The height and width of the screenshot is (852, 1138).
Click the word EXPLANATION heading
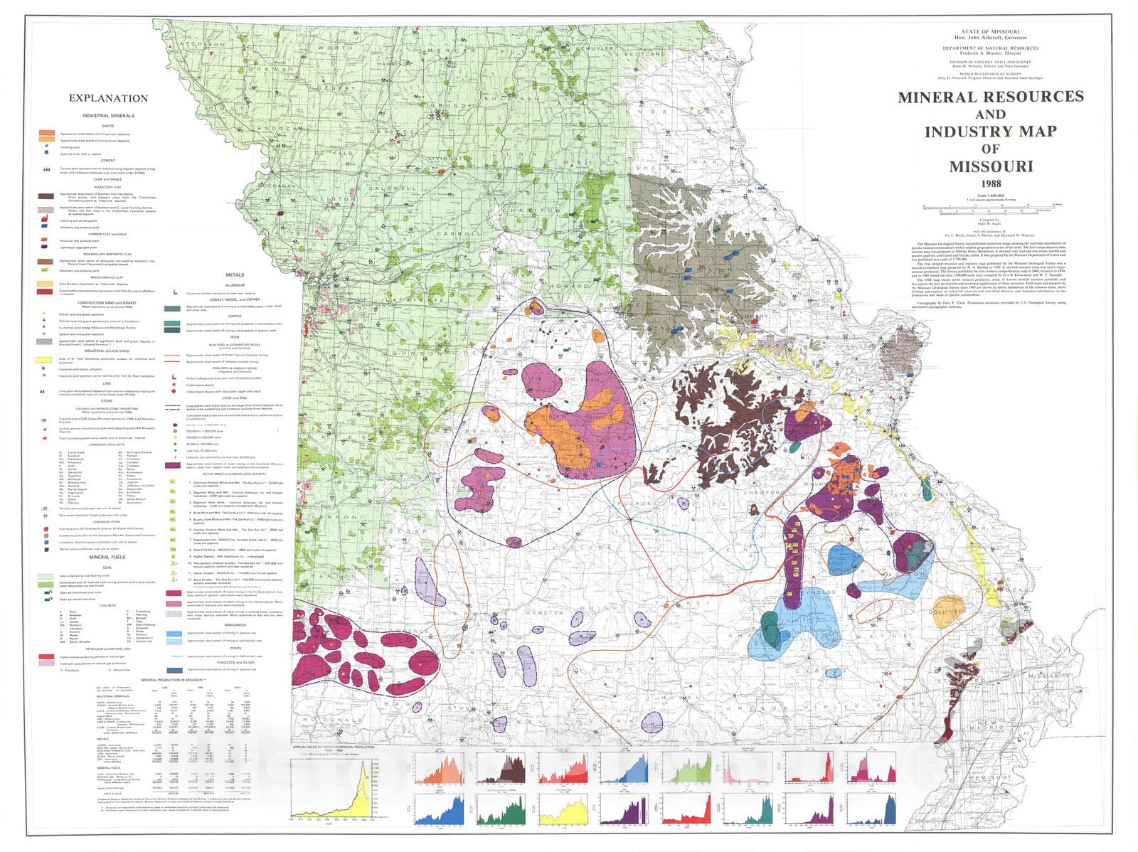[x=108, y=98]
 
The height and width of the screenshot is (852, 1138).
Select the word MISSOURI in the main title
[x=990, y=166]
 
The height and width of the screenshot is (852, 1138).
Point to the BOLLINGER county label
[x=947, y=612]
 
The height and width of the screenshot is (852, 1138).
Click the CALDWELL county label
[x=393, y=189]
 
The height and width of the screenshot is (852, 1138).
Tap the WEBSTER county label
[x=544, y=612]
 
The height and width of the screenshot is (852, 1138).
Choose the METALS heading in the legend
[x=234, y=275]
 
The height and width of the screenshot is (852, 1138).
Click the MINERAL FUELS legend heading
[x=107, y=557]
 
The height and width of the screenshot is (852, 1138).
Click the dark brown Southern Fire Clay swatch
[x=46, y=196]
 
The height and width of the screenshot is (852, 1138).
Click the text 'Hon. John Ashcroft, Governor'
[x=989, y=38]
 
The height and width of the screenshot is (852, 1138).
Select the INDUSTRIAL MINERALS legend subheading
[x=108, y=115]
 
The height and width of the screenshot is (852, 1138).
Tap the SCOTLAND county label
[x=644, y=53]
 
